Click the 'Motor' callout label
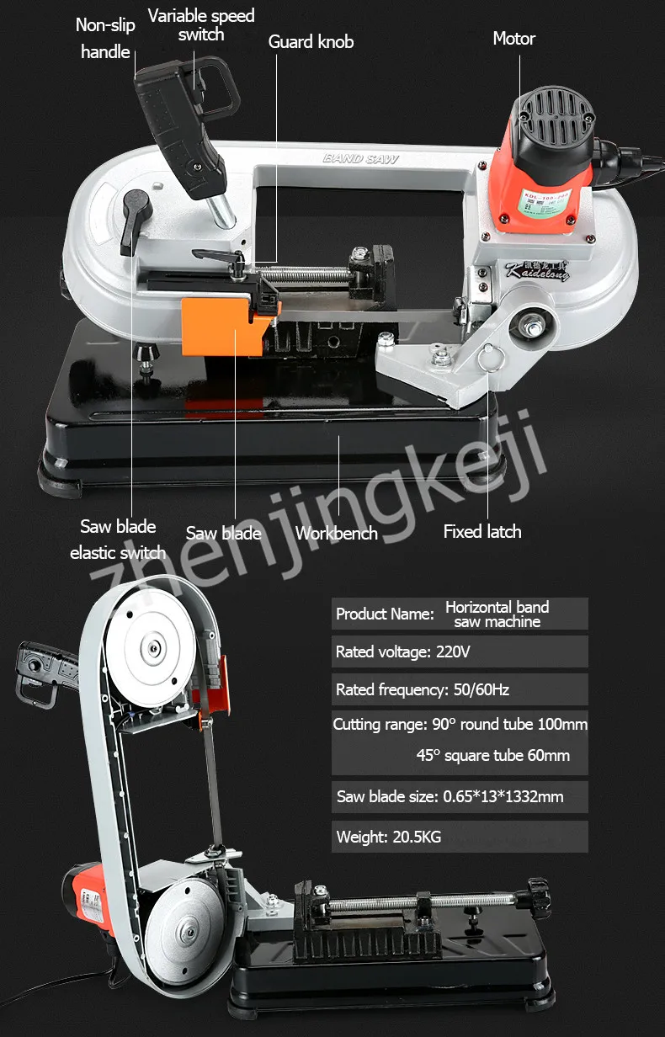pyautogui.click(x=513, y=39)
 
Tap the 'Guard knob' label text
pyautogui.click(x=311, y=42)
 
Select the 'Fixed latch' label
pyautogui.click(x=482, y=532)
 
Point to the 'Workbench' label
pyautogui.click(x=337, y=533)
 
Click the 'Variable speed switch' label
pyautogui.click(x=201, y=25)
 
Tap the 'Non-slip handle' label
pyautogui.click(x=105, y=39)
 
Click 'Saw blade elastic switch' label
pyautogui.click(x=118, y=540)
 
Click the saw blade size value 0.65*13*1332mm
pyautogui.click(x=503, y=796)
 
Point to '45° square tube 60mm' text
pyautogui.click(x=492, y=755)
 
